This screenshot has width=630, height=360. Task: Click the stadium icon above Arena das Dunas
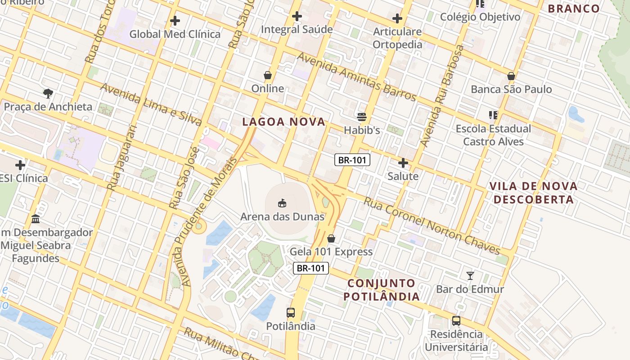pos(282,203)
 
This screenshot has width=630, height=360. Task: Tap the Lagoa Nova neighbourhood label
pos(283,121)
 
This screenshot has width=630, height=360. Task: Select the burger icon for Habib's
pos(362,117)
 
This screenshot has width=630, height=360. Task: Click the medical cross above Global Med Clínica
pos(175,21)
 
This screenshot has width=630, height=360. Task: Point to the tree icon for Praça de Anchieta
pos(48,94)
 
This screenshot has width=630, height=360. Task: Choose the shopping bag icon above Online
pos(268,75)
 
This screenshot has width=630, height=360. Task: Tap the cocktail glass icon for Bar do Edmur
pos(470,275)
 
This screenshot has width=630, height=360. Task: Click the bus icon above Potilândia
pos(291,313)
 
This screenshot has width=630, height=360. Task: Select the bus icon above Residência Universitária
pos(456,321)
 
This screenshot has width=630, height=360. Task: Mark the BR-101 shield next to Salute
pos(352,160)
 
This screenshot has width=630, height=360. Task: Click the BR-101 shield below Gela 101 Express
pos(311,268)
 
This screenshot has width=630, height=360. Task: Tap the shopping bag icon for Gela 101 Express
pos(331,238)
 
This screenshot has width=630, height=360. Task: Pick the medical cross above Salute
pos(403,163)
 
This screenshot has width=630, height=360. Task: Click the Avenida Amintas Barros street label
pos(356,76)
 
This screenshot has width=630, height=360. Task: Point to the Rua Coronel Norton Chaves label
pos(432,225)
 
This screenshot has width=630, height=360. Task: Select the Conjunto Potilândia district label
pos(382,290)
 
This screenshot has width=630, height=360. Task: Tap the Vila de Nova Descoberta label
pos(533,193)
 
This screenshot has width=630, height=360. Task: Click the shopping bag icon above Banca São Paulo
pos(511,76)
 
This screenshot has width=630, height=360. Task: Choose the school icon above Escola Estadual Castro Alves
pos(493,115)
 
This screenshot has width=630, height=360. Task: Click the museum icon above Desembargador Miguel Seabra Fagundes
pos(36,219)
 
